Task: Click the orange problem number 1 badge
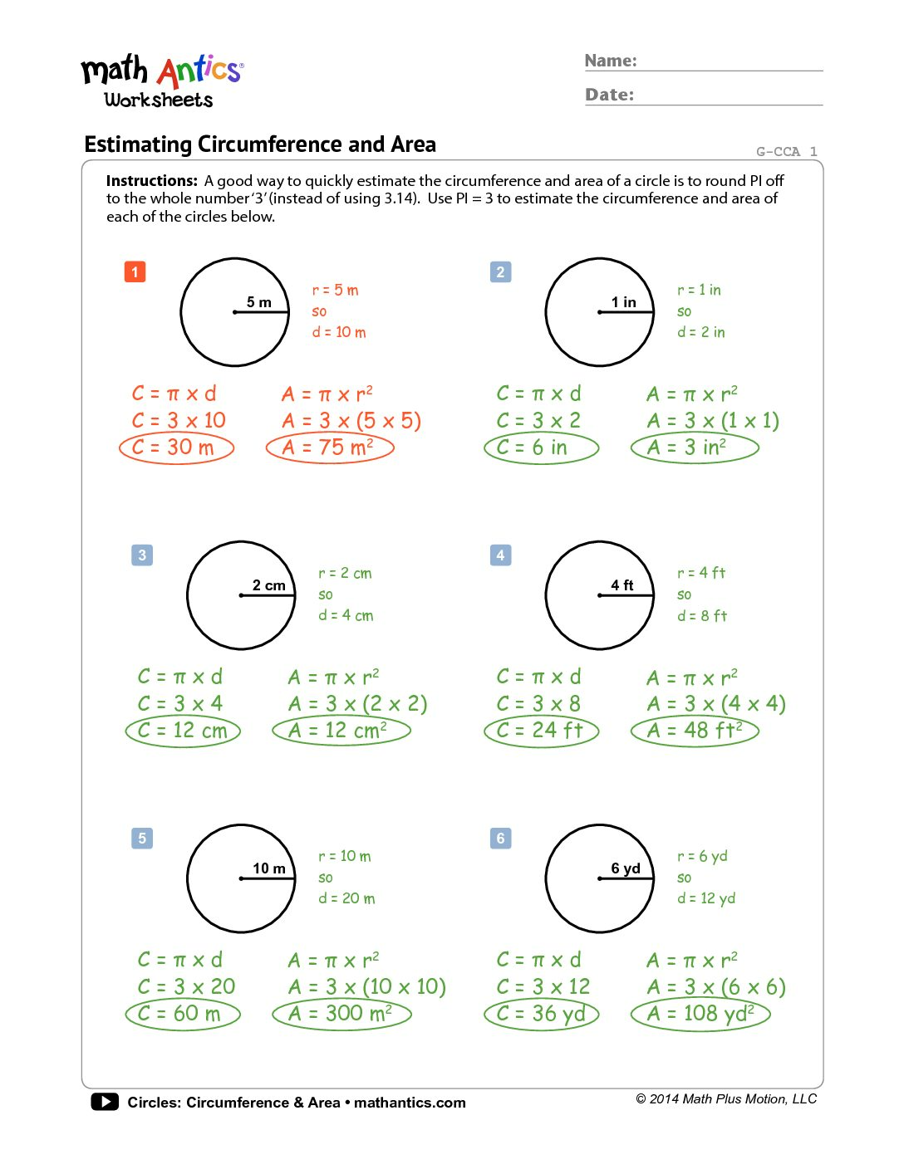pyautogui.click(x=135, y=271)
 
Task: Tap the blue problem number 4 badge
pyautogui.click(x=500, y=555)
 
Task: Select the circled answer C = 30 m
pyautogui.click(x=177, y=448)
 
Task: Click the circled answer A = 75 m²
pyautogui.click(x=330, y=448)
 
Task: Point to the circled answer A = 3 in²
pyautogui.click(x=695, y=448)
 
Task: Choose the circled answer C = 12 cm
pyautogui.click(x=183, y=731)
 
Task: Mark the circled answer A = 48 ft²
pyautogui.click(x=695, y=731)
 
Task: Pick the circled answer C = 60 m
pyautogui.click(x=183, y=1014)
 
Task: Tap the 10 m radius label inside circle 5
pyautogui.click(x=269, y=868)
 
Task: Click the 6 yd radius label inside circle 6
pyautogui.click(x=626, y=868)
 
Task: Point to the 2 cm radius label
pyautogui.click(x=269, y=585)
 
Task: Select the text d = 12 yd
pyautogui.click(x=706, y=898)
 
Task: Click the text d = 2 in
pyautogui.click(x=701, y=332)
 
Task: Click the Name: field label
pyautogui.click(x=611, y=61)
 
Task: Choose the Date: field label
pyautogui.click(x=609, y=95)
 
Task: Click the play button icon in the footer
pyautogui.click(x=105, y=1102)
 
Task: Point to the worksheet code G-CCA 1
pyautogui.click(x=786, y=151)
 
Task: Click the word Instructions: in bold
pyautogui.click(x=152, y=181)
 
